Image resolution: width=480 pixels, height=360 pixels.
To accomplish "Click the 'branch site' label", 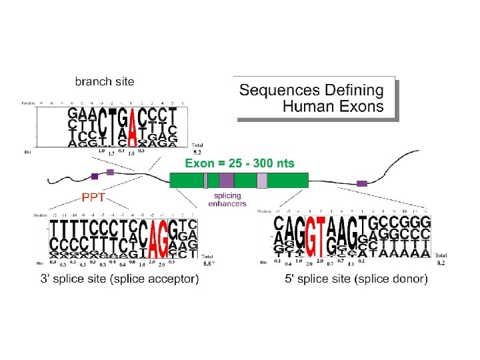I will pyautogui.click(x=104, y=82).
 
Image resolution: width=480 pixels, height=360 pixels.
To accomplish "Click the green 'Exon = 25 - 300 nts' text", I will pyautogui.click(x=239, y=163).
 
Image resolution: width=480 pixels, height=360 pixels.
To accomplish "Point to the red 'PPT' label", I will pyautogui.click(x=94, y=197).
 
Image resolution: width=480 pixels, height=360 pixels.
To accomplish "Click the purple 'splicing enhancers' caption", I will pyautogui.click(x=227, y=199).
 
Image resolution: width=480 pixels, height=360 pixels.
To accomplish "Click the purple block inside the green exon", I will pyautogui.click(x=227, y=180).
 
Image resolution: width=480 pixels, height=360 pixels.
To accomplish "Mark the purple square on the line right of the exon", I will pyautogui.click(x=362, y=183).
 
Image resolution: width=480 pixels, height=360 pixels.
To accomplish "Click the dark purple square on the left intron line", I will pyautogui.click(x=95, y=177).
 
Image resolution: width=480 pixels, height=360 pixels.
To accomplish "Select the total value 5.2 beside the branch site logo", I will pyautogui.click(x=197, y=151).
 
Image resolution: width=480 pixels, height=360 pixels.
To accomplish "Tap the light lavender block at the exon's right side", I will pyautogui.click(x=262, y=180).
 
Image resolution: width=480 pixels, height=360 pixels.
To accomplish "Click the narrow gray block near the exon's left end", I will pyautogui.click(x=206, y=180).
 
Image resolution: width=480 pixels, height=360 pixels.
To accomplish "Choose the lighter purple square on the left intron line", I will pyautogui.click(x=110, y=172).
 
